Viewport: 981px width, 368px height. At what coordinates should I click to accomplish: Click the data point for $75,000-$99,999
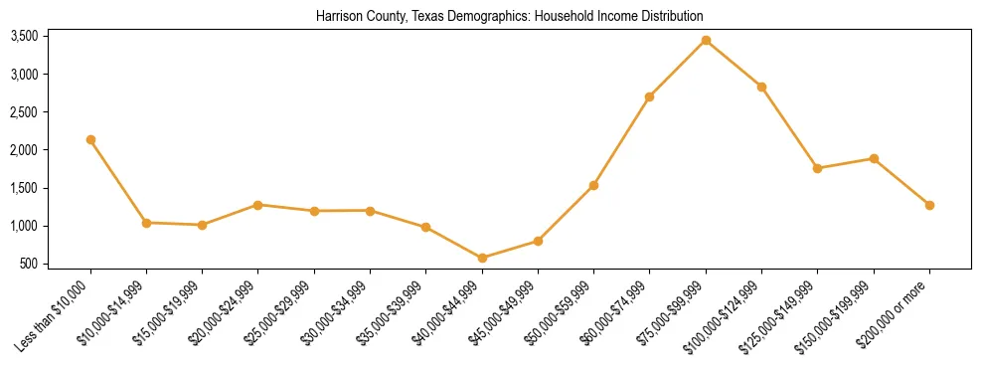[x=706, y=41]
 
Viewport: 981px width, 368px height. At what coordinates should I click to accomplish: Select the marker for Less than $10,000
[x=90, y=140]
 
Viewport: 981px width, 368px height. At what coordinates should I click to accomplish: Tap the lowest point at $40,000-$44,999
[x=482, y=258]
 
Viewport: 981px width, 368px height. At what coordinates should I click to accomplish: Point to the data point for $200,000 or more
[x=929, y=205]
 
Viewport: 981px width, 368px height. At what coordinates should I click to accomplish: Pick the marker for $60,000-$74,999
[x=649, y=96]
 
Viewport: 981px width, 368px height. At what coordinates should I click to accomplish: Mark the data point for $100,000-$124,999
[x=761, y=87]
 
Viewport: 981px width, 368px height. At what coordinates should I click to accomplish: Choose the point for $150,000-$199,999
[x=874, y=158]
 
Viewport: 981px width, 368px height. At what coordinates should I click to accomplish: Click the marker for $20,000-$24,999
[x=257, y=205]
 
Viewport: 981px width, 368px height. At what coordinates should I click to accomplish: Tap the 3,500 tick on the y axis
[x=24, y=37]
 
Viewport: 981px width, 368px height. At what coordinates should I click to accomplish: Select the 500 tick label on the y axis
[x=29, y=265]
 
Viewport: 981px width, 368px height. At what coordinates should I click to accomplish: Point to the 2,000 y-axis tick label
[x=24, y=150]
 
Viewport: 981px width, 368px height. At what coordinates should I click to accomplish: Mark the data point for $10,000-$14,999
[x=146, y=223]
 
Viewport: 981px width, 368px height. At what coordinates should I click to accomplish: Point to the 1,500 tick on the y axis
[x=24, y=189]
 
